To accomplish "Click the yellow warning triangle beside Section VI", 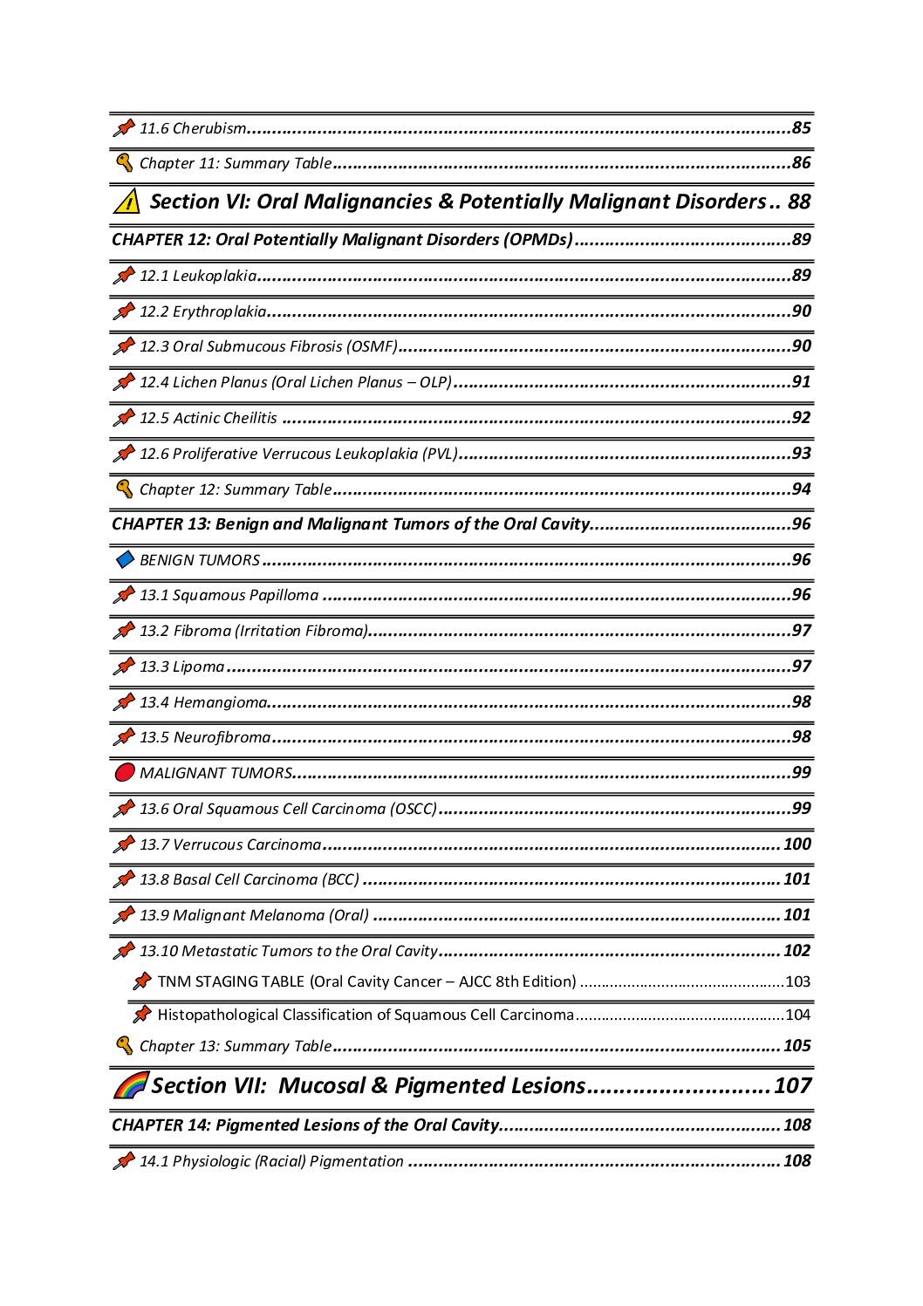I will [126, 202].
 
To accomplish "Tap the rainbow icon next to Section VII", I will [131, 1085].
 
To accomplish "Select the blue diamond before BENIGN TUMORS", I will [125, 559].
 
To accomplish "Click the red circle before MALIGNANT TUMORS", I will [125, 773].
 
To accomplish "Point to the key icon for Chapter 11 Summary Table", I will [125, 163].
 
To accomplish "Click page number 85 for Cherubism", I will [801, 128].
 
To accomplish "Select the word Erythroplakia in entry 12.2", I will [219, 311].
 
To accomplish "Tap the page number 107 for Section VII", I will [792, 1085].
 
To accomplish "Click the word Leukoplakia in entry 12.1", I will [215, 276].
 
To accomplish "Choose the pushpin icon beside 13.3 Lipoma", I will [124, 667].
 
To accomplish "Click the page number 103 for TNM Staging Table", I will [797, 981].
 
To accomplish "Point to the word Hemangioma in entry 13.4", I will [220, 702].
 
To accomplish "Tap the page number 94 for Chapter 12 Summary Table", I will [801, 489].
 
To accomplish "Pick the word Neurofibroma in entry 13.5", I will [222, 737].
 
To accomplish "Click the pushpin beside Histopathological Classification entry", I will [141, 1015].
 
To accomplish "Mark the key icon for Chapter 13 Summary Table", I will [125, 1046].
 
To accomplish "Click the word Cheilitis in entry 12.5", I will [250, 418].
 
